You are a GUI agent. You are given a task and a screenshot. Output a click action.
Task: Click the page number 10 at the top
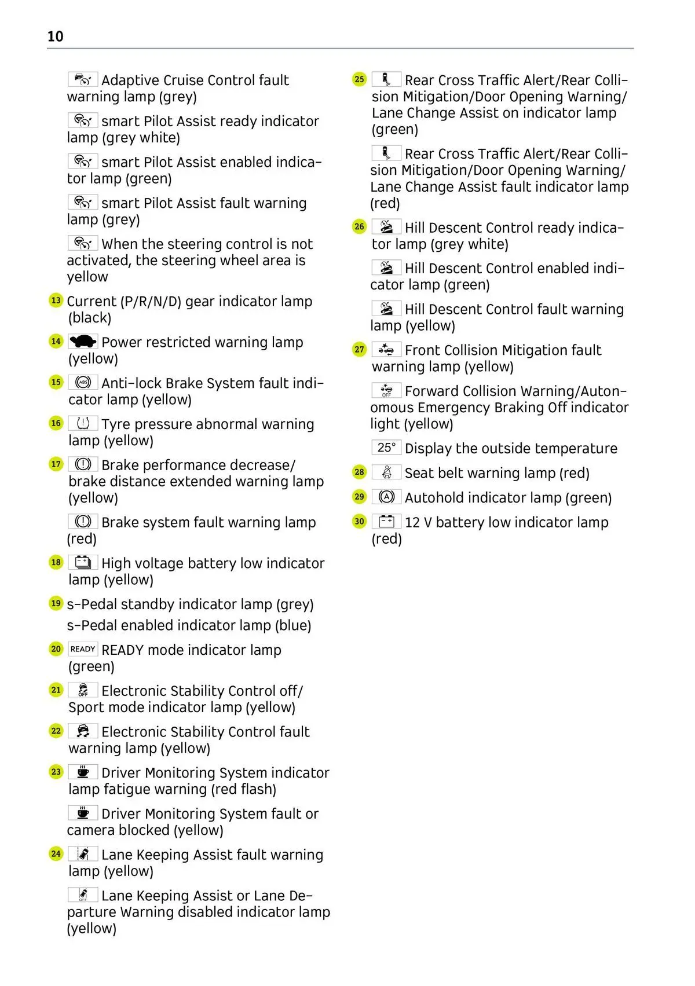click(55, 36)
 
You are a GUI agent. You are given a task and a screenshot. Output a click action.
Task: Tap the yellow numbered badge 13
click(56, 300)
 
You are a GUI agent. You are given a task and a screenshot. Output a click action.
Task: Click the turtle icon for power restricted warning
click(83, 342)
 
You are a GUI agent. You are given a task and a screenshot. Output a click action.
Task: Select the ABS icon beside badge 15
click(83, 383)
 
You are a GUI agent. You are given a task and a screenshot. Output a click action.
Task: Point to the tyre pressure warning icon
click(83, 423)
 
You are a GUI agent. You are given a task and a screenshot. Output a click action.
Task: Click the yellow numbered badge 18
click(56, 562)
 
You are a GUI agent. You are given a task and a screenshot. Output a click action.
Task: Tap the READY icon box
click(83, 649)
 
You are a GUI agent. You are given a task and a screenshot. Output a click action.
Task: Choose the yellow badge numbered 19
click(56, 603)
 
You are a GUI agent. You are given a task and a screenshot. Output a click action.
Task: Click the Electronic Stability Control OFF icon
click(83, 690)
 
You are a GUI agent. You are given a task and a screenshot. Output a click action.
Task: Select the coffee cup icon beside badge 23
click(83, 772)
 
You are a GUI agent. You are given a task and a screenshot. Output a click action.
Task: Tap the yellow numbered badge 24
click(56, 853)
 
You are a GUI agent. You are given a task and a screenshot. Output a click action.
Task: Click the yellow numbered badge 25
click(359, 79)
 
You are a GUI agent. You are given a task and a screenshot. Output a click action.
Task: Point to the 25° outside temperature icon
click(386, 448)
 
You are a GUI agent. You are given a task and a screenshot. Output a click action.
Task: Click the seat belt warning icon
click(386, 472)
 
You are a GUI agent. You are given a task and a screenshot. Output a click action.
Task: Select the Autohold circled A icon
click(386, 497)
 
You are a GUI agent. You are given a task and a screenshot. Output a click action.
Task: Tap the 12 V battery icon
click(386, 522)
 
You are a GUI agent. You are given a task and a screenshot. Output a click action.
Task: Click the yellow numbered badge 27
click(359, 349)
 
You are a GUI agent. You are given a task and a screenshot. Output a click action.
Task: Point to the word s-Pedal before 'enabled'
click(89, 626)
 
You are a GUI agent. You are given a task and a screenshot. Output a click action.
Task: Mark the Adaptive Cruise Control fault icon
click(83, 79)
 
